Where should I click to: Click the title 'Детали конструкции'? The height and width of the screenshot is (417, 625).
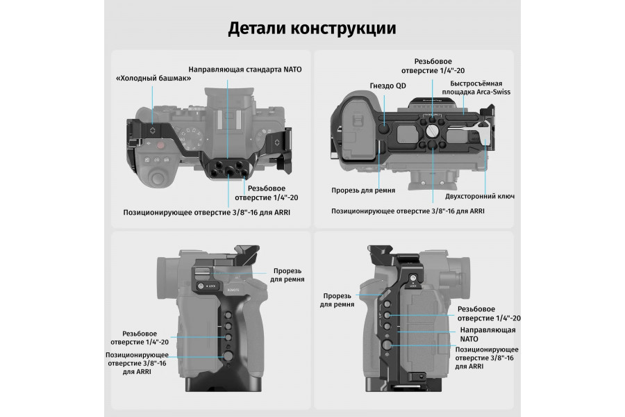click(x=312, y=28)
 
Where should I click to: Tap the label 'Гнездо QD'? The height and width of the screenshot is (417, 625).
click(x=386, y=85)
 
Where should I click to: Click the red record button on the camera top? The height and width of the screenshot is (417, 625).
click(x=160, y=145)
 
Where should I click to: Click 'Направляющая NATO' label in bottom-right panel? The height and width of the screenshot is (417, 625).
click(x=487, y=333)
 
